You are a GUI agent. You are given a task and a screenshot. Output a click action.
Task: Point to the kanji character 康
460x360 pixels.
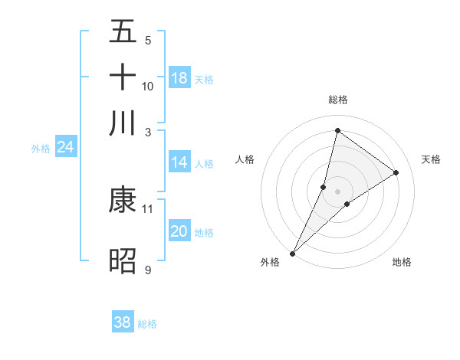click(123, 200)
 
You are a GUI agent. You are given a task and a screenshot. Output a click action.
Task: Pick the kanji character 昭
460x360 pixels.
click(123, 260)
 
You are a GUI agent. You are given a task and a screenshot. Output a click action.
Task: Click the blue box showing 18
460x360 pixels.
click(179, 78)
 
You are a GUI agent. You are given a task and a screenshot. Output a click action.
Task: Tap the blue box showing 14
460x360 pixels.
click(179, 162)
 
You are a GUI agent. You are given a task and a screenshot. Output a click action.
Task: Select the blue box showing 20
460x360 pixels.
click(179, 231)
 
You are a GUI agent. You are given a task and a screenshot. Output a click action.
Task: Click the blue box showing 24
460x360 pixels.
click(65, 147)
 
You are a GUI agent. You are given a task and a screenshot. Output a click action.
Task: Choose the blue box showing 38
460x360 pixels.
click(123, 322)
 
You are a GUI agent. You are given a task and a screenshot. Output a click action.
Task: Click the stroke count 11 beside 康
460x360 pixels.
click(148, 208)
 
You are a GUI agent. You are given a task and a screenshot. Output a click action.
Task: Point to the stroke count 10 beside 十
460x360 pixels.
click(148, 86)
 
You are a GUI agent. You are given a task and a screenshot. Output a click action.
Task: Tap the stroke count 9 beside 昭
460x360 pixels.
click(148, 270)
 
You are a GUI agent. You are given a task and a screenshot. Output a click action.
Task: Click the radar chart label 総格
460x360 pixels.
click(338, 100)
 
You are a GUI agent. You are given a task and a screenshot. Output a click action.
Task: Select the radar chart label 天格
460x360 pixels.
click(432, 159)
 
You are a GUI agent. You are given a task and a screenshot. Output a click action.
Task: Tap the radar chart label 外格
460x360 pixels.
click(270, 262)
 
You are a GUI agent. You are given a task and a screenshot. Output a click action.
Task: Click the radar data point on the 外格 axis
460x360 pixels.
click(292, 254)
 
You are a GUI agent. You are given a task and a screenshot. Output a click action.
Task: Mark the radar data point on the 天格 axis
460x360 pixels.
click(396, 172)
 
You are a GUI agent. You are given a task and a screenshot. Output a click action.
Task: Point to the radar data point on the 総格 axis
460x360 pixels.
click(337, 130)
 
